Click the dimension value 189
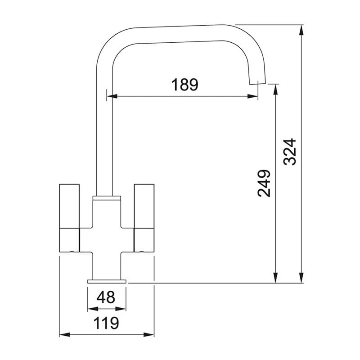pos(184,85)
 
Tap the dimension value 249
pos(265,183)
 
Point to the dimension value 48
pos(106,297)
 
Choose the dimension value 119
pos(107,323)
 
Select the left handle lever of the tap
pos(70,217)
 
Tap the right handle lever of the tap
pos(144,217)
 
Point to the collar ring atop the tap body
pos(107,198)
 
